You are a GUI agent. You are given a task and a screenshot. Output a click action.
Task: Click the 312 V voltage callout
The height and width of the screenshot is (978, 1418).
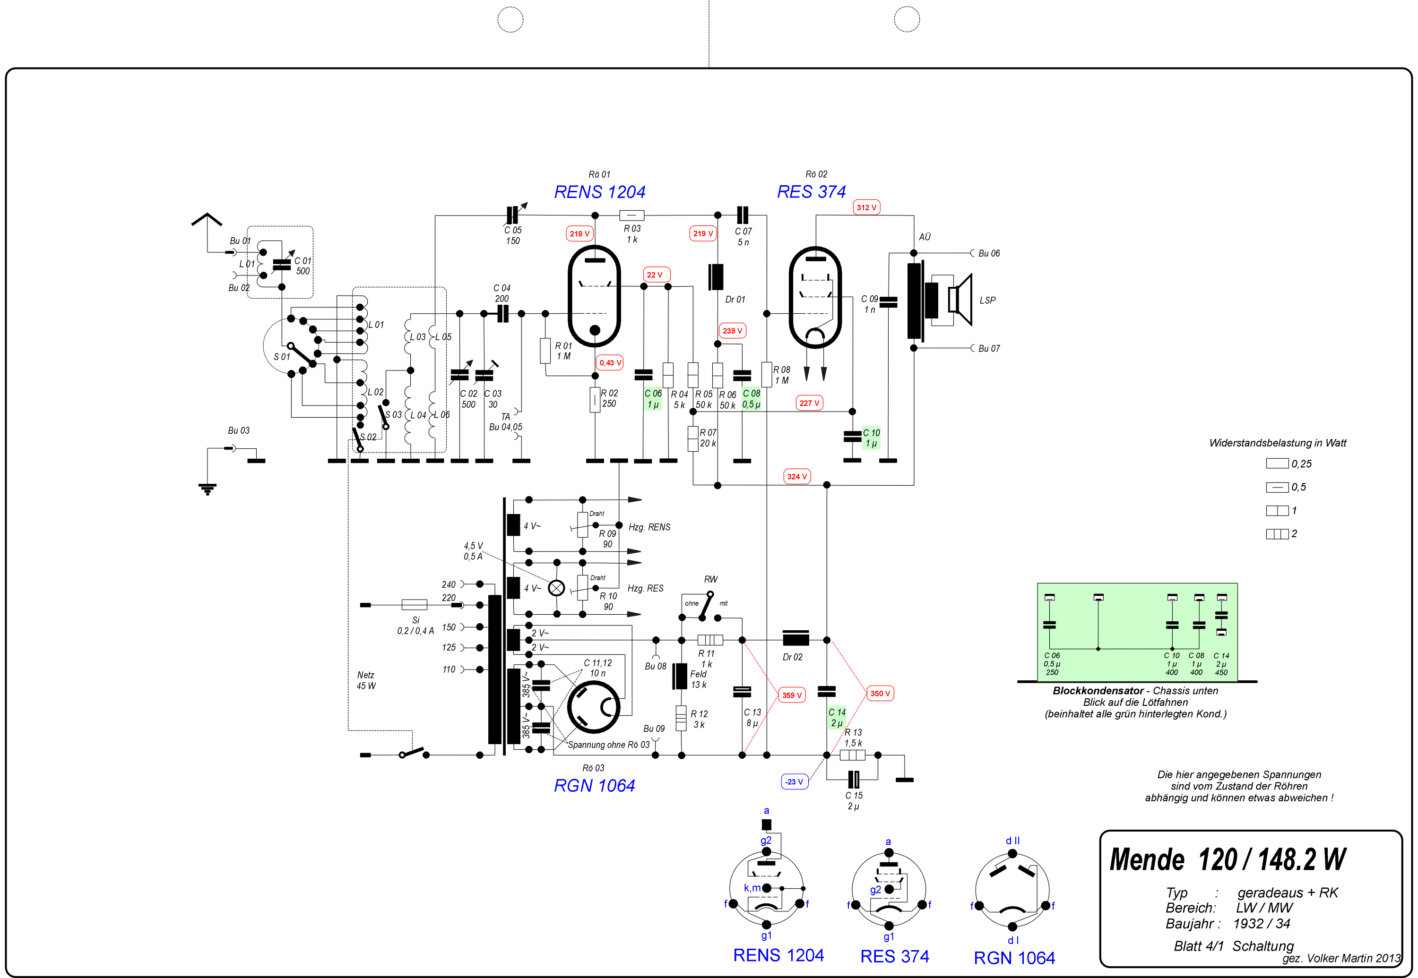pos(866,208)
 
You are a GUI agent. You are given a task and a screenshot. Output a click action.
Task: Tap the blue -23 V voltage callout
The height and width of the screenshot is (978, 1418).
pos(794,782)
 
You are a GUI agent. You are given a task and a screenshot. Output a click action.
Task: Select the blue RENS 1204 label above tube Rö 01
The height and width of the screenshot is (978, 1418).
pos(599,192)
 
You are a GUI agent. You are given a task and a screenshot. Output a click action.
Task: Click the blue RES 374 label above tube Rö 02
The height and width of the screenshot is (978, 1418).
pos(811,192)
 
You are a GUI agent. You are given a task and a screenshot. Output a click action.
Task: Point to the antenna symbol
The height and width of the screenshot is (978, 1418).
pos(207,219)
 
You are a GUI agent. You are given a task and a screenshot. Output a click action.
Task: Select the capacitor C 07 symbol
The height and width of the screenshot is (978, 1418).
pos(742,215)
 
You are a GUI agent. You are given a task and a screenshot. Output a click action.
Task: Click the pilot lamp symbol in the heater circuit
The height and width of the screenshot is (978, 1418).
pos(556,588)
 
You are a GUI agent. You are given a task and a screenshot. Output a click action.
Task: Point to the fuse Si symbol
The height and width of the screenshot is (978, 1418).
pos(415,605)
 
